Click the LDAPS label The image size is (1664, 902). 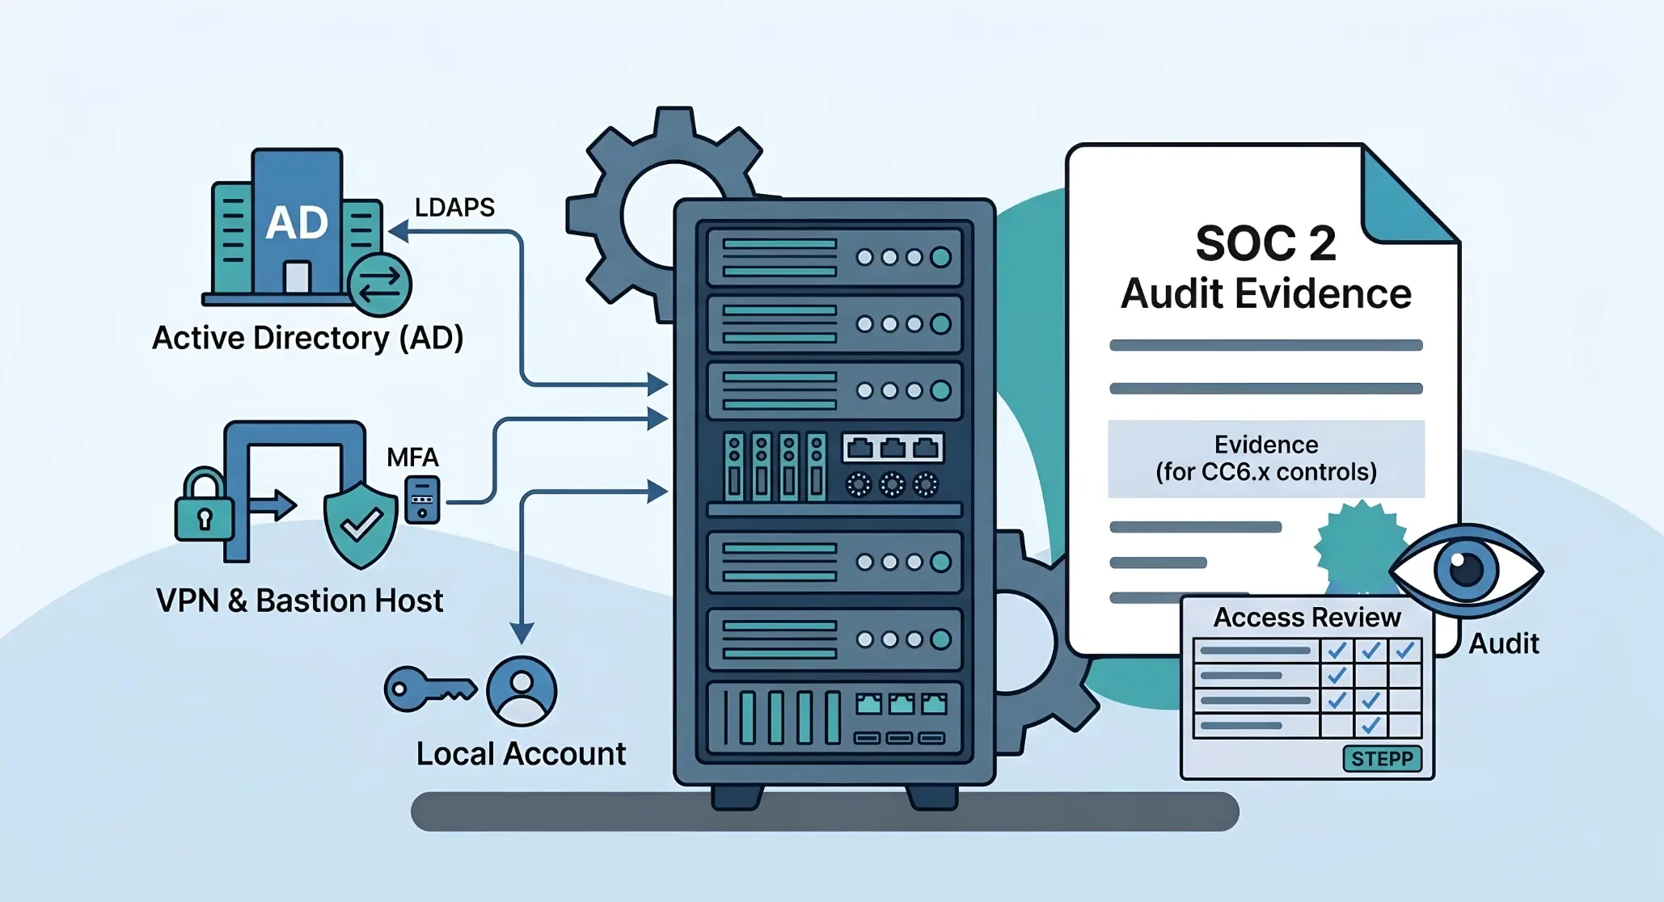coord(454,208)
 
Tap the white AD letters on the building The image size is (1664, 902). coord(297,223)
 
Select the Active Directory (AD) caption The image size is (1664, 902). coord(308,338)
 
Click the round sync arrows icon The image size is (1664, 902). coord(379,285)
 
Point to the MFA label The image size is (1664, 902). coord(412,457)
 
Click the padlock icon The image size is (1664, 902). coord(204,507)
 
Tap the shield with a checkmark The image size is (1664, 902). coord(361,525)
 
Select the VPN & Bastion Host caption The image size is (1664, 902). coord(299,601)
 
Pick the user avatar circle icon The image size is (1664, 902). coord(522,691)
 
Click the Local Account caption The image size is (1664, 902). coord(521,754)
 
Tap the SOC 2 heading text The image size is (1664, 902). coord(1265,243)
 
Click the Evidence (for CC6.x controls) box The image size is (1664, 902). coord(1265,458)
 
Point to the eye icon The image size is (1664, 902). coord(1466,571)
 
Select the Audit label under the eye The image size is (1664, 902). coord(1503,644)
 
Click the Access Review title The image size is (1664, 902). coord(1307,617)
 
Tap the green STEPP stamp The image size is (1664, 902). coord(1382,759)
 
